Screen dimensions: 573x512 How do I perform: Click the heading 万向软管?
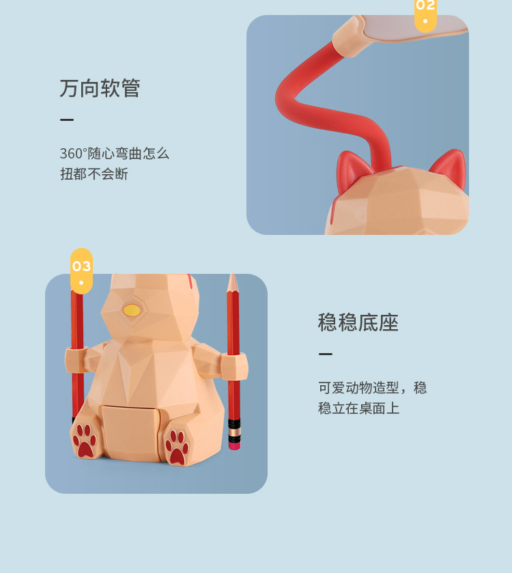[100, 88]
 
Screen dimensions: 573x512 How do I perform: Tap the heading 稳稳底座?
[358, 322]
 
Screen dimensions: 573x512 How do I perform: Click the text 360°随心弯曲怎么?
[114, 154]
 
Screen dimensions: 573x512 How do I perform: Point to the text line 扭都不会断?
[94, 174]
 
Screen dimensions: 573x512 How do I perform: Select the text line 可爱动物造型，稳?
[372, 388]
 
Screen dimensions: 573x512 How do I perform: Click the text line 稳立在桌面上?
[358, 408]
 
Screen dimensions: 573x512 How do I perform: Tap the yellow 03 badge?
[81, 270]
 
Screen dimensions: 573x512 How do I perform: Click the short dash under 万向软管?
[67, 120]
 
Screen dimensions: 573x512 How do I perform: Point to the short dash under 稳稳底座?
[326, 354]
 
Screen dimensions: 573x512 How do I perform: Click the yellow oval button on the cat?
[132, 311]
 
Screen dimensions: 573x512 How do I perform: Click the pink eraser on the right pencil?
[234, 443]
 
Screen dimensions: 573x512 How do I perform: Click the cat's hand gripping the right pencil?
[233, 365]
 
